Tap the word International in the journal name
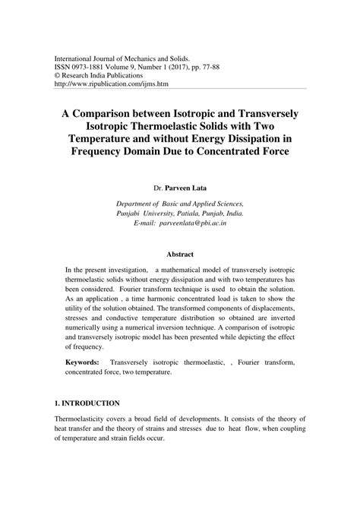77,57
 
